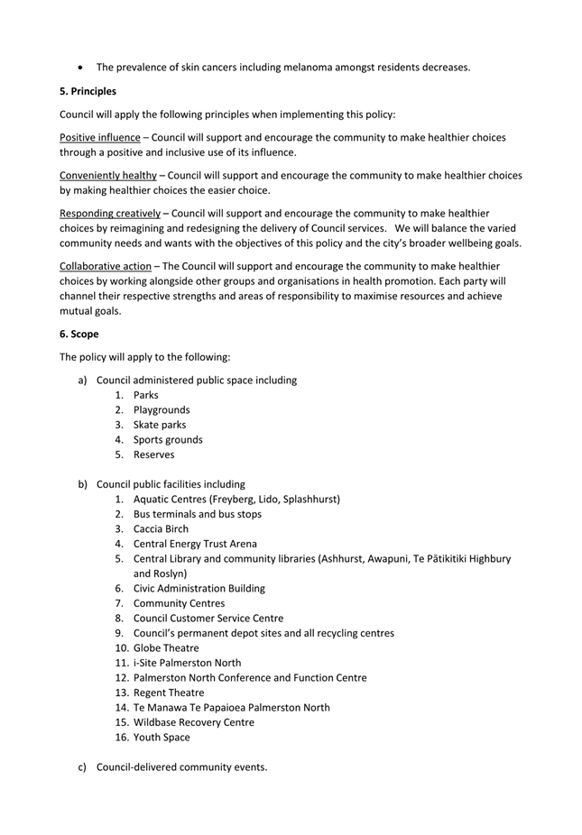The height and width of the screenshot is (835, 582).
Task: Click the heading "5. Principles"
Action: pyautogui.click(x=88, y=91)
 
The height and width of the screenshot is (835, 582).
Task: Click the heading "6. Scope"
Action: pyautogui.click(x=79, y=334)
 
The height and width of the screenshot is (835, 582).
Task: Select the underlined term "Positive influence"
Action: pyautogui.click(x=99, y=138)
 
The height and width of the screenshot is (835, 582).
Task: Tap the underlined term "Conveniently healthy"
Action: pyautogui.click(x=107, y=176)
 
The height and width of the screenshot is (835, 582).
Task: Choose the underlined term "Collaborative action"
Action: pyautogui.click(x=106, y=266)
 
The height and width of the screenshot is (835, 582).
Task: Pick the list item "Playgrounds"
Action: pyautogui.click(x=162, y=410)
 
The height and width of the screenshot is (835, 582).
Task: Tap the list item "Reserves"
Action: pyautogui.click(x=154, y=454)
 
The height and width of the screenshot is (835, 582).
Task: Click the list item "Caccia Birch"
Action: pyautogui.click(x=162, y=528)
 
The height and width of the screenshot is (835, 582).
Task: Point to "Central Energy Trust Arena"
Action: pyautogui.click(x=195, y=544)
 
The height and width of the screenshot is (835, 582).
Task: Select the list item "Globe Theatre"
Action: pyautogui.click(x=166, y=647)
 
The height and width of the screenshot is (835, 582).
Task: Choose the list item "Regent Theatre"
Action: pyautogui.click(x=169, y=693)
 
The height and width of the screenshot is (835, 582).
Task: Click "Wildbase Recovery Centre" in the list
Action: pyautogui.click(x=194, y=722)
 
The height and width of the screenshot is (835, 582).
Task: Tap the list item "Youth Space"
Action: pyautogui.click(x=162, y=737)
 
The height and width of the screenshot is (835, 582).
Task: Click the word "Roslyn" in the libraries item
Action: pyautogui.click(x=171, y=573)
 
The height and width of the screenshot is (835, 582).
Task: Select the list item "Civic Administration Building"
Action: pyautogui.click(x=199, y=588)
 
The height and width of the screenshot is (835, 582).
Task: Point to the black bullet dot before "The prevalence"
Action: pyautogui.click(x=82, y=67)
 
